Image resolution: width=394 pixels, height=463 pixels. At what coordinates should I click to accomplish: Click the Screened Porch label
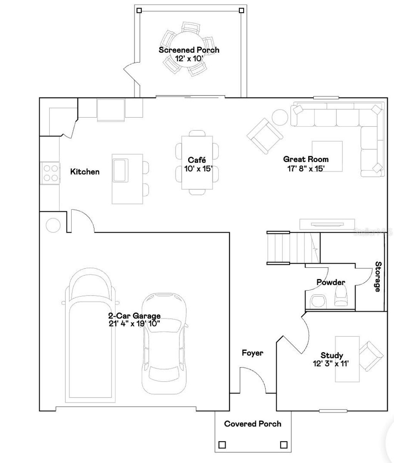[x=189, y=50]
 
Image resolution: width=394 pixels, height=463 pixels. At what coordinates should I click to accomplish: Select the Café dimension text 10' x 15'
[x=197, y=169]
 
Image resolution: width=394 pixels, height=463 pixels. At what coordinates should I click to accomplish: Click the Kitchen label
[x=85, y=172]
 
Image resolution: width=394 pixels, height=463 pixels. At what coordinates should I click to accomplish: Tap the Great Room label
[x=306, y=159]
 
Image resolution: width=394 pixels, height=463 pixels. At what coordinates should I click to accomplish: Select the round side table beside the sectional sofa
[x=280, y=118]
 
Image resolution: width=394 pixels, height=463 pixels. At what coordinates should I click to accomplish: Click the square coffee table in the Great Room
[x=327, y=156]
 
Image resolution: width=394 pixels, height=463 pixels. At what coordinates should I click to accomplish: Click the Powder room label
[x=331, y=282]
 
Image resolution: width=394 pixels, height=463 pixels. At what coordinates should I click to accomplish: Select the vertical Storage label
[x=378, y=276]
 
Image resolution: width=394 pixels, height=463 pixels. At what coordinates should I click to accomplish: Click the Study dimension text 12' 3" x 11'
[x=331, y=364]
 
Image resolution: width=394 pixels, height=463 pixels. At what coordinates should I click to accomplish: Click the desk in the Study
[x=347, y=359]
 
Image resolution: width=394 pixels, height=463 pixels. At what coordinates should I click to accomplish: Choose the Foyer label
[x=252, y=353]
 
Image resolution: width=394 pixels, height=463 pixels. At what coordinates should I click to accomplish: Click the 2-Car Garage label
[x=134, y=316]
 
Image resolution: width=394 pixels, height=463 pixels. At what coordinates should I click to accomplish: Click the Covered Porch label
[x=252, y=424]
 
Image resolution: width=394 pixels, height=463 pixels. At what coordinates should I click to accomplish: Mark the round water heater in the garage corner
[x=53, y=225]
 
